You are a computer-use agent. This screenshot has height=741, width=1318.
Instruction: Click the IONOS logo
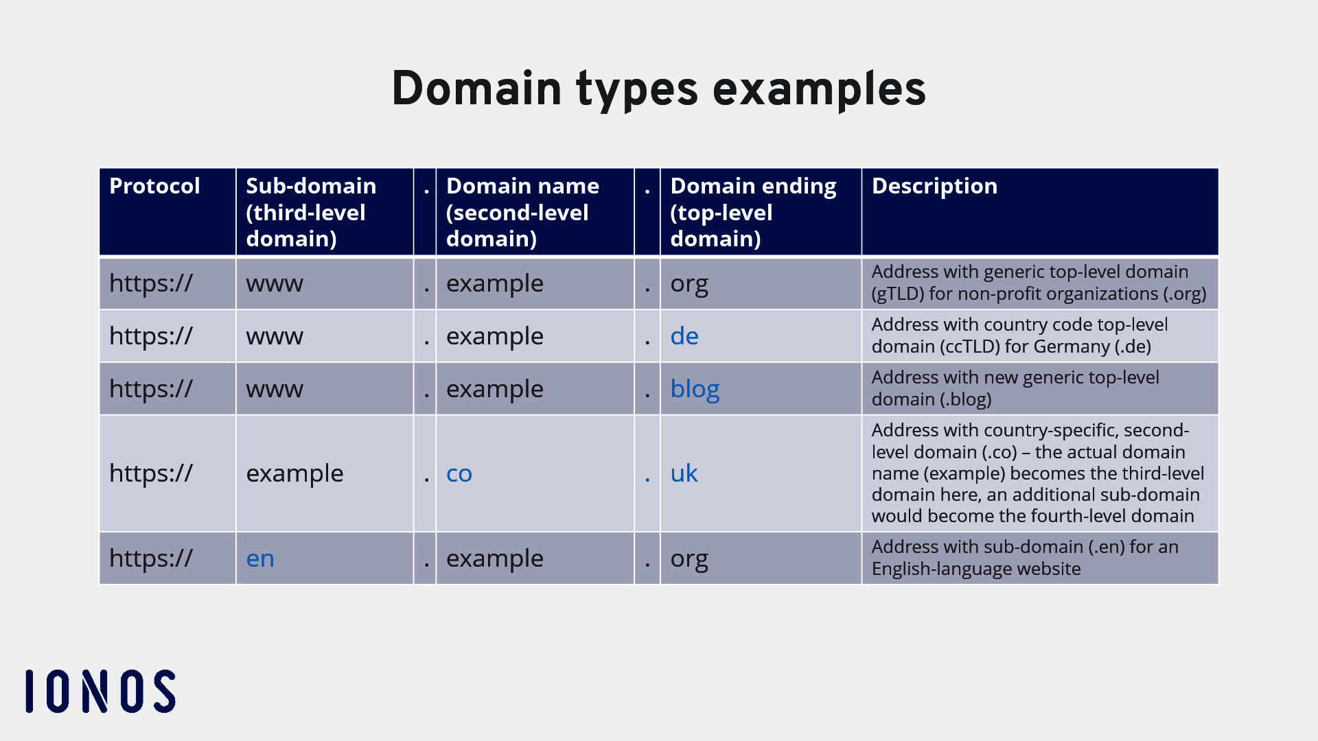coord(100,691)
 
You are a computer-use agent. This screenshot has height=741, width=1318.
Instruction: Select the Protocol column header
coord(154,186)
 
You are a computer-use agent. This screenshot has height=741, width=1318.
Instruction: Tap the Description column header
coord(934,186)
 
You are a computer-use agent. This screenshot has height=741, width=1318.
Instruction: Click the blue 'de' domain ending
coord(684,336)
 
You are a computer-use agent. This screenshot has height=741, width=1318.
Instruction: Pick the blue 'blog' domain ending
coord(694,389)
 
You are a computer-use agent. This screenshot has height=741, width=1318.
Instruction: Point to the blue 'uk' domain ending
coord(684,473)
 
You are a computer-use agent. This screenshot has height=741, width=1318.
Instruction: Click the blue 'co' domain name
coord(459,473)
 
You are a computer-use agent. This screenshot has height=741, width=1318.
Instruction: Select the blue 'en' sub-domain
coord(260,558)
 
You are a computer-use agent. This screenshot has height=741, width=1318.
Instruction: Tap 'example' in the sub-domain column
coord(294,473)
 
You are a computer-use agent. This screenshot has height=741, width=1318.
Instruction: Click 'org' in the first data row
coord(689,284)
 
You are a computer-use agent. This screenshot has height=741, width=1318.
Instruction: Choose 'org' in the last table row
coord(689,559)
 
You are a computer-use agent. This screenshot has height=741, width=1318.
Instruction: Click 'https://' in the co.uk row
coord(151,473)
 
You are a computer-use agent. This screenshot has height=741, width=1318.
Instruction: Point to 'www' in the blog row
coord(275,389)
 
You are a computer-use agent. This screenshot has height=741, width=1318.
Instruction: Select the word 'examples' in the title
coord(819,89)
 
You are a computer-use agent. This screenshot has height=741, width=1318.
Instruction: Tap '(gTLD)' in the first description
coord(897,294)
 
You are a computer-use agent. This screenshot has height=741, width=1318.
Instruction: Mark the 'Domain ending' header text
coord(753,186)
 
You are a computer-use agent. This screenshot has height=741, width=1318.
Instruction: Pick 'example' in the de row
coord(494,336)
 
